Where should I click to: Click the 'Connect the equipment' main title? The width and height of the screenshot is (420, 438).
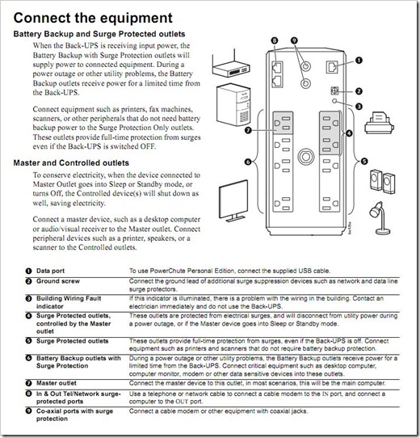pyautogui.click(x=93, y=18)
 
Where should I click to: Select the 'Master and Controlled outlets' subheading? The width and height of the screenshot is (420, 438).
pyautogui.click(x=71, y=163)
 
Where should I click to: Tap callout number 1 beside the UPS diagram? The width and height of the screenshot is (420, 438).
pyautogui.click(x=359, y=61)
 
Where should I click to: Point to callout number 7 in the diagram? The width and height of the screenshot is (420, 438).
pyautogui.click(x=248, y=130)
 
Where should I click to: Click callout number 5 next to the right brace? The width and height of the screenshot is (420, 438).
pyautogui.click(x=364, y=161)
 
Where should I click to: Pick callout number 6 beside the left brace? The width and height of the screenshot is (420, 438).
pyautogui.click(x=248, y=162)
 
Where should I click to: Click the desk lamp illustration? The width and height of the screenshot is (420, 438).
pyautogui.click(x=380, y=218)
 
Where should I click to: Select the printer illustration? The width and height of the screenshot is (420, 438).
pyautogui.click(x=379, y=123)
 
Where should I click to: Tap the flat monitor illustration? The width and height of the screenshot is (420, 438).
pyautogui.click(x=233, y=200)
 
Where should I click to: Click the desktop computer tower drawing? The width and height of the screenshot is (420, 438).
pyautogui.click(x=233, y=104)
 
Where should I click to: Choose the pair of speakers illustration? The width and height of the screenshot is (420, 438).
pyautogui.click(x=383, y=181)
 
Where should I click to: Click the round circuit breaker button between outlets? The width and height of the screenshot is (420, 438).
pyautogui.click(x=306, y=157)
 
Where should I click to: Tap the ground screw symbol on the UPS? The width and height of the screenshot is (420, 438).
pyautogui.click(x=334, y=91)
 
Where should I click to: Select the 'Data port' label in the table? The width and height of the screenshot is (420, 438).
pyautogui.click(x=50, y=271)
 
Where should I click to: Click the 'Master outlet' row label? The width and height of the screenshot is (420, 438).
pyautogui.click(x=56, y=383)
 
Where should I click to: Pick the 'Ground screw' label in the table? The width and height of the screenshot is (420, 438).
pyautogui.click(x=58, y=281)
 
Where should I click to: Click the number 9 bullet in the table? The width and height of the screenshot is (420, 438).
pyautogui.click(x=28, y=411)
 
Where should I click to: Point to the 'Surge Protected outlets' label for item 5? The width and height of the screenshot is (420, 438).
pyautogui.click(x=72, y=341)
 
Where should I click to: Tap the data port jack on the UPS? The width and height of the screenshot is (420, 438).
pyautogui.click(x=332, y=67)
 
